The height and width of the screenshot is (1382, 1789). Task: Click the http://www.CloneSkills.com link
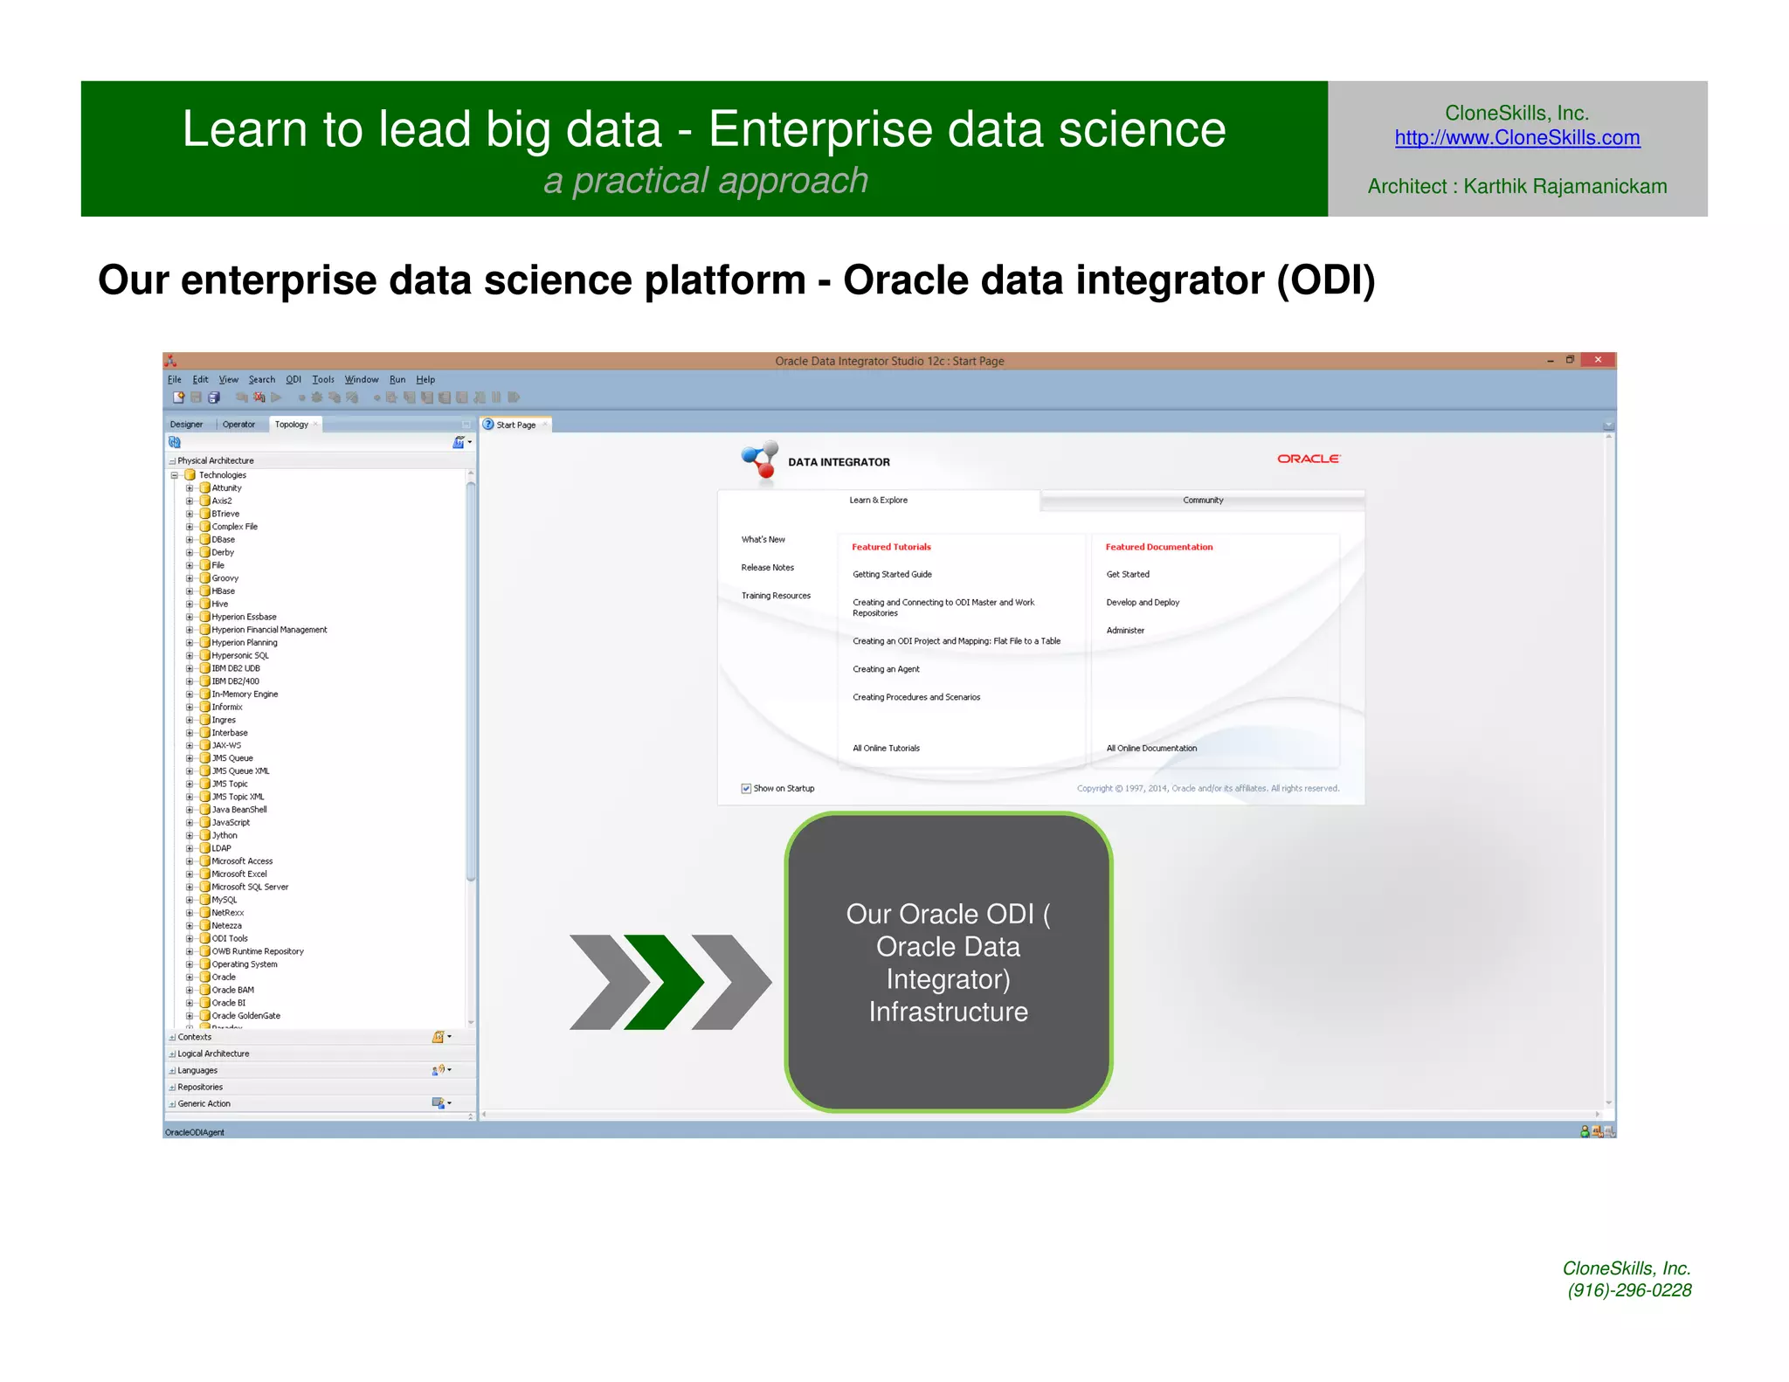(x=1516, y=138)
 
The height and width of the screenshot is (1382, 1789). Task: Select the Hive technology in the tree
(x=219, y=604)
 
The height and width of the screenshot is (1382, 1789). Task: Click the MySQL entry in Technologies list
(x=224, y=900)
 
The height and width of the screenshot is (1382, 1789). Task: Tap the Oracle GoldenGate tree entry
(x=245, y=1016)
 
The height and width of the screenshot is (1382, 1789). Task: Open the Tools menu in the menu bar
(x=323, y=379)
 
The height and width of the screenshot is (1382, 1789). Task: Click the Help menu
(x=425, y=379)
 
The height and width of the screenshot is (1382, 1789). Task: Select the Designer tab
(x=186, y=425)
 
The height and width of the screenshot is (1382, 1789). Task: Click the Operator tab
(x=238, y=425)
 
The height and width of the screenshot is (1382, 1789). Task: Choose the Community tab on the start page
(x=1203, y=501)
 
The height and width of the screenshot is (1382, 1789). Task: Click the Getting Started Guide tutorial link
(x=892, y=575)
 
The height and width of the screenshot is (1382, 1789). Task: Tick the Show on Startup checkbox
(x=746, y=789)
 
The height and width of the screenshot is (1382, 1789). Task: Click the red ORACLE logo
(x=1308, y=459)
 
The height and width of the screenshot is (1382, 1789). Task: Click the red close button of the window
(x=1598, y=360)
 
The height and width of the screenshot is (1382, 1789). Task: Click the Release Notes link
(x=767, y=568)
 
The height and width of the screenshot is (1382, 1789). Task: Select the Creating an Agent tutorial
(x=886, y=669)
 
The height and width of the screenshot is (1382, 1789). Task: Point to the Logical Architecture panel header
(x=213, y=1054)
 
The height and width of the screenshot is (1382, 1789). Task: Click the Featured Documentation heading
(x=1158, y=547)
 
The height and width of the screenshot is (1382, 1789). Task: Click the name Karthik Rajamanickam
(x=1565, y=187)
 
